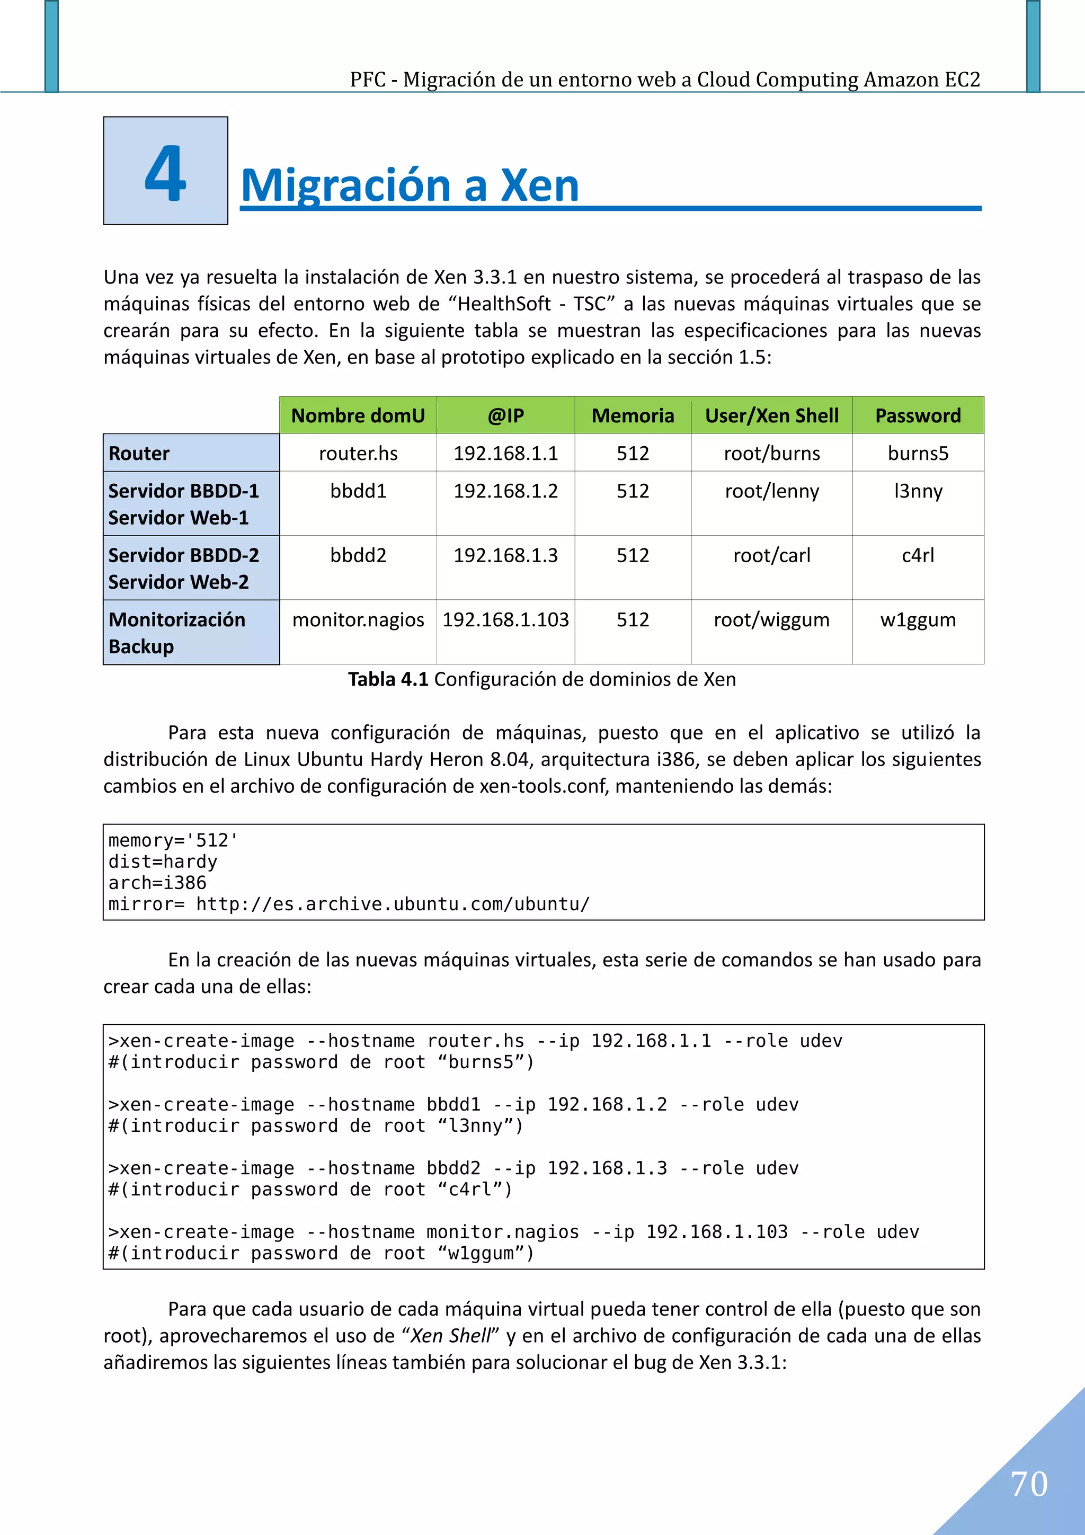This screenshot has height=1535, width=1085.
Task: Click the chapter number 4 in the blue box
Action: tap(165, 173)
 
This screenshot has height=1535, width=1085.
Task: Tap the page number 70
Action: tap(1029, 1485)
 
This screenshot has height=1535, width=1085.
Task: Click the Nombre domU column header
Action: tap(358, 416)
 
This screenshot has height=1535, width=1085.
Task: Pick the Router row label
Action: tap(139, 453)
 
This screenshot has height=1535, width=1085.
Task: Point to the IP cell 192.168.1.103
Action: tap(505, 620)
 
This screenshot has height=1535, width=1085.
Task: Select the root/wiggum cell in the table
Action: tap(771, 620)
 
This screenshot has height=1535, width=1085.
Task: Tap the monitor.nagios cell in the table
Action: tap(358, 620)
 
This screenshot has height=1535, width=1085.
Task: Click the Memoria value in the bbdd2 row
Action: tap(633, 556)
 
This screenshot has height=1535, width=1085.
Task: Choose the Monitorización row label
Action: tap(176, 620)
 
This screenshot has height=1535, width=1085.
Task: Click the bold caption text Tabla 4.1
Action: tap(388, 679)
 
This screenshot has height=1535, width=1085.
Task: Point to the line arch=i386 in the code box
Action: tap(157, 883)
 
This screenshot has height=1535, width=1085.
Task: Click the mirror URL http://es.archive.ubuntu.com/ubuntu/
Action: tap(393, 904)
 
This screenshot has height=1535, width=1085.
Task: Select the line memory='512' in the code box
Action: tap(173, 840)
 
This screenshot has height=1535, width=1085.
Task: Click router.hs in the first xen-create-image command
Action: tap(475, 1041)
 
